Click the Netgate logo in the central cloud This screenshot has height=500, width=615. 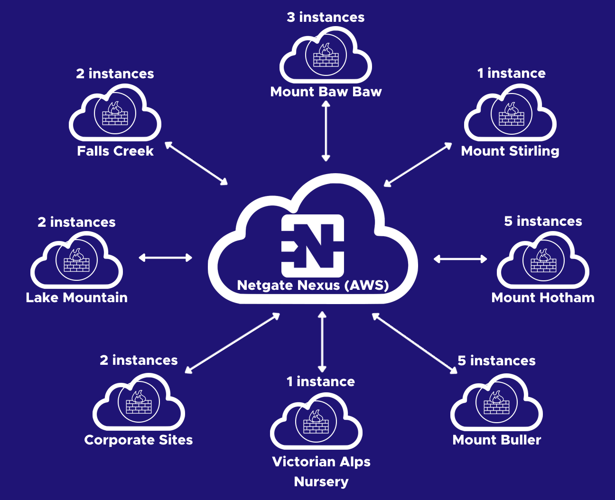(x=313, y=245)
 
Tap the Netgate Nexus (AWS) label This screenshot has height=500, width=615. (x=313, y=285)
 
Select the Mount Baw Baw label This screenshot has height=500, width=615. (x=326, y=92)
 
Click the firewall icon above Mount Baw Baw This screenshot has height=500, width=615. (x=326, y=56)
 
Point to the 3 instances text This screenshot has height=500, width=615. (x=326, y=17)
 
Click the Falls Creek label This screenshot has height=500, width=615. (x=115, y=151)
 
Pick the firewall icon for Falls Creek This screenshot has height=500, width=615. (x=115, y=114)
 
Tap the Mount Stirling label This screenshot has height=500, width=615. (x=510, y=151)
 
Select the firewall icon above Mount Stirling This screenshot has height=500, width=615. (x=511, y=114)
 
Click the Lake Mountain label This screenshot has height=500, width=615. (x=76, y=297)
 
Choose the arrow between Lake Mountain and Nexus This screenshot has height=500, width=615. (x=165, y=258)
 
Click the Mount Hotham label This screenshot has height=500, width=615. (x=543, y=297)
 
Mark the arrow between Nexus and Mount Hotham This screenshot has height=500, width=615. (x=460, y=259)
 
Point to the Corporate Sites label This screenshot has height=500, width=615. (x=139, y=440)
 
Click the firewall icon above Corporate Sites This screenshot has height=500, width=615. (x=139, y=402)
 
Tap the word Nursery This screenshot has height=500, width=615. (x=321, y=481)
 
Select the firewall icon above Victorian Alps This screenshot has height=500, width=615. (x=316, y=422)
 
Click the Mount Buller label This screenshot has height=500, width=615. (x=497, y=440)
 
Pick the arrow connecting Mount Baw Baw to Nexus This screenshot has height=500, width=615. (x=326, y=131)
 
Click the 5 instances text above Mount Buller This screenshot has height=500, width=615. (x=496, y=361)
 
